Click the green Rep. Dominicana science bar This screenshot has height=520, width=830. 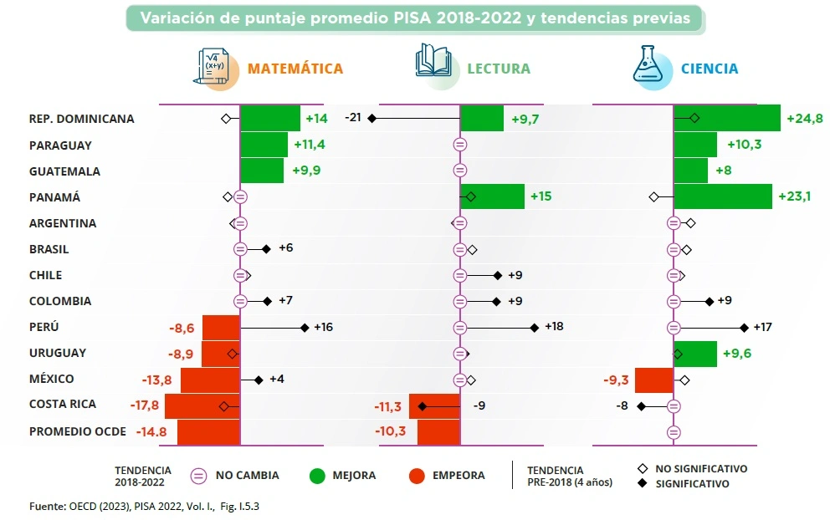coord(726,119)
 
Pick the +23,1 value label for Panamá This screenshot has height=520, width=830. coord(804,197)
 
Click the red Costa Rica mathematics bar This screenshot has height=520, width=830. coord(202,405)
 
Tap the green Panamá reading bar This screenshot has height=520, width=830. coord(492,197)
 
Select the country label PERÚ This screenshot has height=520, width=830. coord(44,327)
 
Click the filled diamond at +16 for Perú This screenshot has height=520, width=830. coord(305,327)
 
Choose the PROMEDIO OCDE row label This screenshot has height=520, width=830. coord(77,431)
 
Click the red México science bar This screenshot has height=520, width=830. coord(654,380)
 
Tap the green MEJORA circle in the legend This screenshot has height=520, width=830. coord(317,476)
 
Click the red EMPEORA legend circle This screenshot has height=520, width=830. coord(418,476)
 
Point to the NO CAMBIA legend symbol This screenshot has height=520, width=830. coord(198,476)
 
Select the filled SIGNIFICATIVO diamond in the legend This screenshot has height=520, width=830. coord(642,483)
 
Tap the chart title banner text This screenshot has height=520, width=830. coord(414,18)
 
